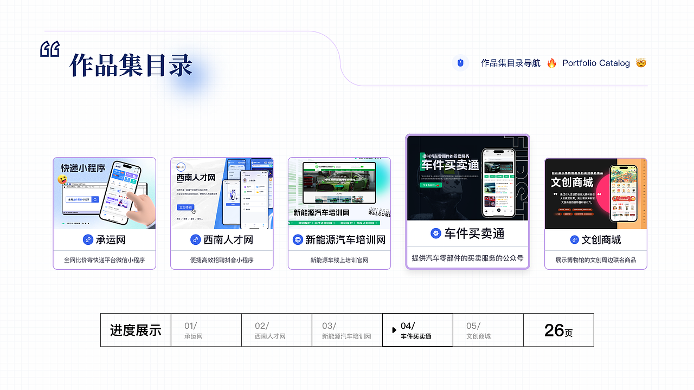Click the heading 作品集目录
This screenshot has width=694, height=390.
tap(131, 66)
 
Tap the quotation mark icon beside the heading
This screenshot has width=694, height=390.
tap(50, 49)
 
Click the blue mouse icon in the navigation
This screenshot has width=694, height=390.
tap(460, 63)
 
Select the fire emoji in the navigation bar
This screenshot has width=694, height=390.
tap(551, 63)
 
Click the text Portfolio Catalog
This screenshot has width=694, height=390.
tap(596, 63)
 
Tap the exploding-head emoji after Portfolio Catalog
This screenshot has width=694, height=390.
tap(641, 63)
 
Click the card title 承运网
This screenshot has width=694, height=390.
tap(111, 239)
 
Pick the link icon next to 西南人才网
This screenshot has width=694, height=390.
tap(196, 239)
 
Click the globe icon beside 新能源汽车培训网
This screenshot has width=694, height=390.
tap(298, 239)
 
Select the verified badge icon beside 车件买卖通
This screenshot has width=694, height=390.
tap(435, 233)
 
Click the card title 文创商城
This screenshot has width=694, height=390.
tap(601, 239)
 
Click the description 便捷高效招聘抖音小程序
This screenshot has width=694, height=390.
tap(222, 260)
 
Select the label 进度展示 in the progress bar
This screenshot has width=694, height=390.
tap(136, 330)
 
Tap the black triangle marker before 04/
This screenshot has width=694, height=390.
tap(394, 330)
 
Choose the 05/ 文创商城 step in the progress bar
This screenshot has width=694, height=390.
tap(478, 330)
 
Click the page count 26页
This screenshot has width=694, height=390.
tap(558, 330)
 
